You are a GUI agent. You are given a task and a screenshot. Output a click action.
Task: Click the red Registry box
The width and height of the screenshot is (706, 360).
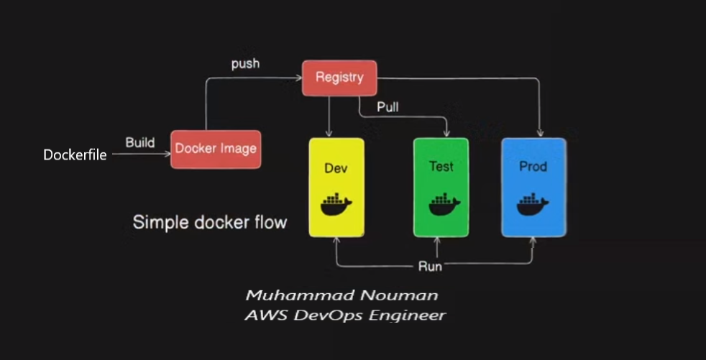(x=339, y=78)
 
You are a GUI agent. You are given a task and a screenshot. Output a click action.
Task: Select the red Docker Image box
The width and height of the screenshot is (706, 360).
(x=216, y=149)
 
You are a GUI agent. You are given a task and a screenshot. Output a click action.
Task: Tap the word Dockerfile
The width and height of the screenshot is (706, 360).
(x=75, y=154)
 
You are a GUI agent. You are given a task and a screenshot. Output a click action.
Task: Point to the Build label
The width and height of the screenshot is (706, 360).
(x=139, y=142)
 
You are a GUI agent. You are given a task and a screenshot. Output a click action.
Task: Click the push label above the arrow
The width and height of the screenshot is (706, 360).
(x=245, y=64)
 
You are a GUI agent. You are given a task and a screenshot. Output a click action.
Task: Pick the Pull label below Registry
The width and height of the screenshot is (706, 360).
(x=388, y=108)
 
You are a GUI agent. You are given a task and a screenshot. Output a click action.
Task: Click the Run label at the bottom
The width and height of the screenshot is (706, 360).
(x=430, y=267)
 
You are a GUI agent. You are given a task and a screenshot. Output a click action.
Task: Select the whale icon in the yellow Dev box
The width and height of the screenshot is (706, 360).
(x=336, y=205)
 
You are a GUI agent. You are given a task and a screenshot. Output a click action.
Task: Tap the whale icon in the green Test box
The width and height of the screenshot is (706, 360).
(x=441, y=205)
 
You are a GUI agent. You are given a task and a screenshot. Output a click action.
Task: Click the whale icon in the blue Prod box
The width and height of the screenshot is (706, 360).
(x=533, y=205)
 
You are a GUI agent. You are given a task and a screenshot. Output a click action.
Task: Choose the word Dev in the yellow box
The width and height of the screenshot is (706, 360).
(x=336, y=169)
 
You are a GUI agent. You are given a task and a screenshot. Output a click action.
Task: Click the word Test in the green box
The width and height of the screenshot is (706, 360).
(x=441, y=166)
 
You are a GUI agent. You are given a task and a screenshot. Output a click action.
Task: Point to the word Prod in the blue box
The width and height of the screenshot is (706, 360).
(x=533, y=167)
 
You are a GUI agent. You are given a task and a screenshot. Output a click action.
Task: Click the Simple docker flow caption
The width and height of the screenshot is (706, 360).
(x=209, y=222)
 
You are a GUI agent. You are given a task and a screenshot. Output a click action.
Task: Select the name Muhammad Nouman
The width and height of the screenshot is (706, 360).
(x=341, y=295)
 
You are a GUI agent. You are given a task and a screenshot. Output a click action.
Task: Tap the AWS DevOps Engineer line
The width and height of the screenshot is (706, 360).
(x=344, y=315)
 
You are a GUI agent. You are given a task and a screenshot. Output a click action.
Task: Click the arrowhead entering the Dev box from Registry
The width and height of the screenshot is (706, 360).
(x=329, y=134)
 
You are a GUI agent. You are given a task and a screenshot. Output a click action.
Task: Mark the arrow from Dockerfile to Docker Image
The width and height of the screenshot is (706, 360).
(x=140, y=153)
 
